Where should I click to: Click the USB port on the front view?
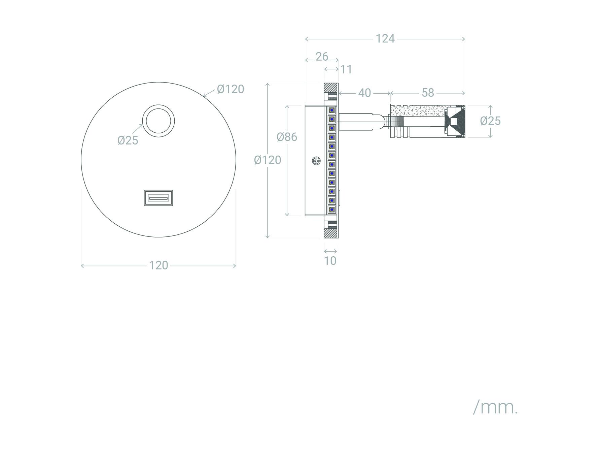pos(159,198)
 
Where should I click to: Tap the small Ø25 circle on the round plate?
pos(159,105)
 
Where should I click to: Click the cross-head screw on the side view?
pos(316,161)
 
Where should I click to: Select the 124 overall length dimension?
pos(385,39)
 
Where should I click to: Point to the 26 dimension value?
pos(322,57)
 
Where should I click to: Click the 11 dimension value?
pos(346,69)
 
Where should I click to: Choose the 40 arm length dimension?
pos(364,93)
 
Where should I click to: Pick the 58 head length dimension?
pos(428,93)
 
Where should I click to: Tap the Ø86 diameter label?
pos(287,137)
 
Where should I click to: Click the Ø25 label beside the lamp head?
pos(490,121)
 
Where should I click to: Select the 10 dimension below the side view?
pos(330,261)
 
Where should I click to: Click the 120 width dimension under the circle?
pos(159,265)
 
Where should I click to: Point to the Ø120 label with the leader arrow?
pos(231,89)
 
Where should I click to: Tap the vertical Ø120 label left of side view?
pos(268,160)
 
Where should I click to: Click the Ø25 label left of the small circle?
pos(128,140)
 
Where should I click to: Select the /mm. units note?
pos(495,408)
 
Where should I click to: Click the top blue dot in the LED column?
pos(332,110)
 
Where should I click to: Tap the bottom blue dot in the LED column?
pos(332,210)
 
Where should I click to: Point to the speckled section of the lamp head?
pos(417,111)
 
